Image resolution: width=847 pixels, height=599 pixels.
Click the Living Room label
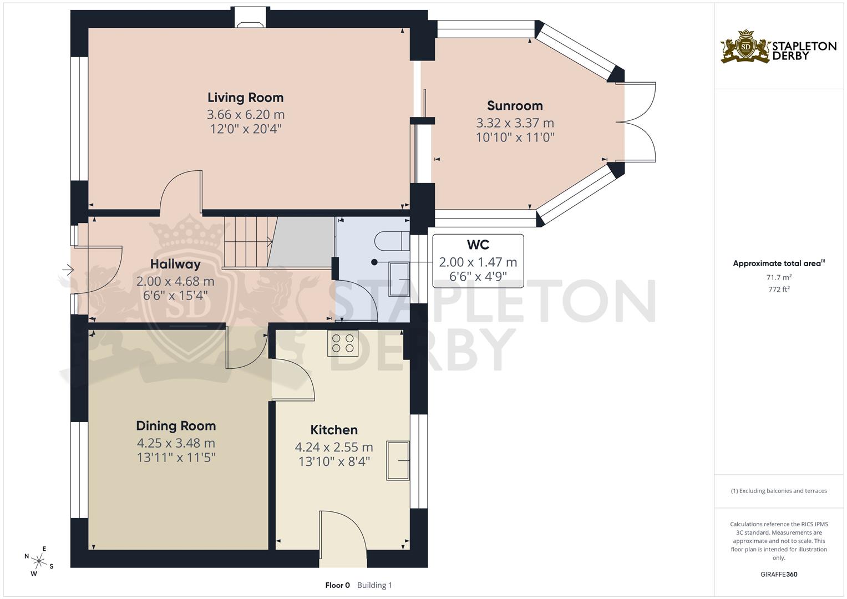[x=245, y=98]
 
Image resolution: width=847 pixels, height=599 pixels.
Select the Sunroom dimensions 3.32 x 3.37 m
[x=515, y=123]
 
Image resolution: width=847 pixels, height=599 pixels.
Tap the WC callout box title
[x=478, y=245]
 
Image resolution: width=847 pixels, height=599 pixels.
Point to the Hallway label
[x=175, y=264]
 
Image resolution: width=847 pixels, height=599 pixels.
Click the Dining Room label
[x=176, y=426]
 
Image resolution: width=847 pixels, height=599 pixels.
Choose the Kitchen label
[x=333, y=430]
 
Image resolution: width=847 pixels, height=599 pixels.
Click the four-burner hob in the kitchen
[x=343, y=343]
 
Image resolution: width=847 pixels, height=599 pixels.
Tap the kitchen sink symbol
[x=398, y=460]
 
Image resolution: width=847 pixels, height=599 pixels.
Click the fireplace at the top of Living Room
[x=250, y=17]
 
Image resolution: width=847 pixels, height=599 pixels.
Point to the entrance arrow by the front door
[x=68, y=270]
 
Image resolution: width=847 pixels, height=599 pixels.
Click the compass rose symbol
[x=39, y=561]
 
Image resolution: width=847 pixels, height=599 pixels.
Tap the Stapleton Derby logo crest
[x=745, y=47]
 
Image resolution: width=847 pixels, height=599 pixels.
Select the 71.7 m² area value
[x=779, y=277]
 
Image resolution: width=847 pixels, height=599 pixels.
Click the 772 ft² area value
[x=779, y=290]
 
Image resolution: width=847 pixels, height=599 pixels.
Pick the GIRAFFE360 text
[x=779, y=575]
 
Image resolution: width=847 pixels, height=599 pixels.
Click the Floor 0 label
[x=337, y=585]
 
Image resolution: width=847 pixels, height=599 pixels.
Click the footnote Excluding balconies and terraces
[x=779, y=491]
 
